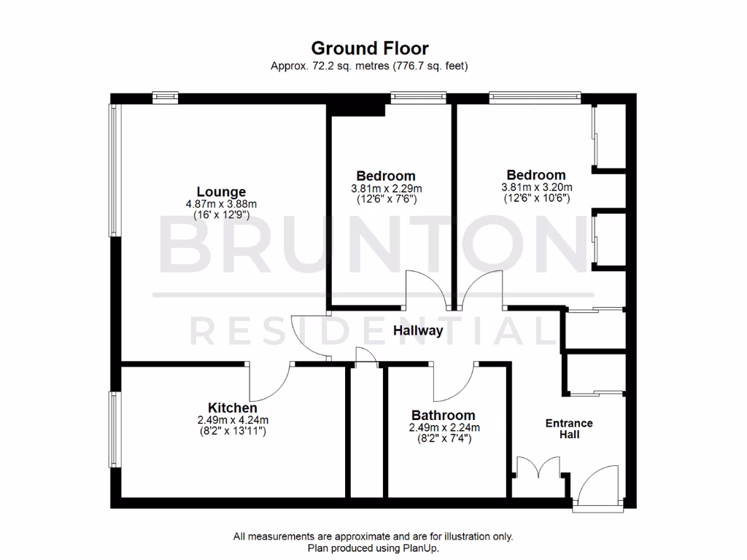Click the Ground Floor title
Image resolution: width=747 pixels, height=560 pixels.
[x=370, y=48]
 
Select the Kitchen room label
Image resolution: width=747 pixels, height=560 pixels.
[x=232, y=408]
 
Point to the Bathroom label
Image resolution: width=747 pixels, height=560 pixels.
[x=443, y=416]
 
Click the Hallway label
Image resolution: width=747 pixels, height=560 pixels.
[x=418, y=331]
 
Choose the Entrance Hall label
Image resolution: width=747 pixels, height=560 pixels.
[x=569, y=429]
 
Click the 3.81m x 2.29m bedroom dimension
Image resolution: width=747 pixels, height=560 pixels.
[x=386, y=187]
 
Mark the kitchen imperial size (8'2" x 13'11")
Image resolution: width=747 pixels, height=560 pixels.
[x=232, y=431]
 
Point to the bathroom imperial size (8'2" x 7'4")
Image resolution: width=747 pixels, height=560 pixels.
[x=444, y=439]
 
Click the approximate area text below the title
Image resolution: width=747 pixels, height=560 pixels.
[x=369, y=66]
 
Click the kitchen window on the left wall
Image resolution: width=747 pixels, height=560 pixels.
[x=114, y=430]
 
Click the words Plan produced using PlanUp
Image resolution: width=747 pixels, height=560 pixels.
[x=373, y=548]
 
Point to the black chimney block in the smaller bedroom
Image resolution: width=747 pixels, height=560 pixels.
[x=357, y=109]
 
